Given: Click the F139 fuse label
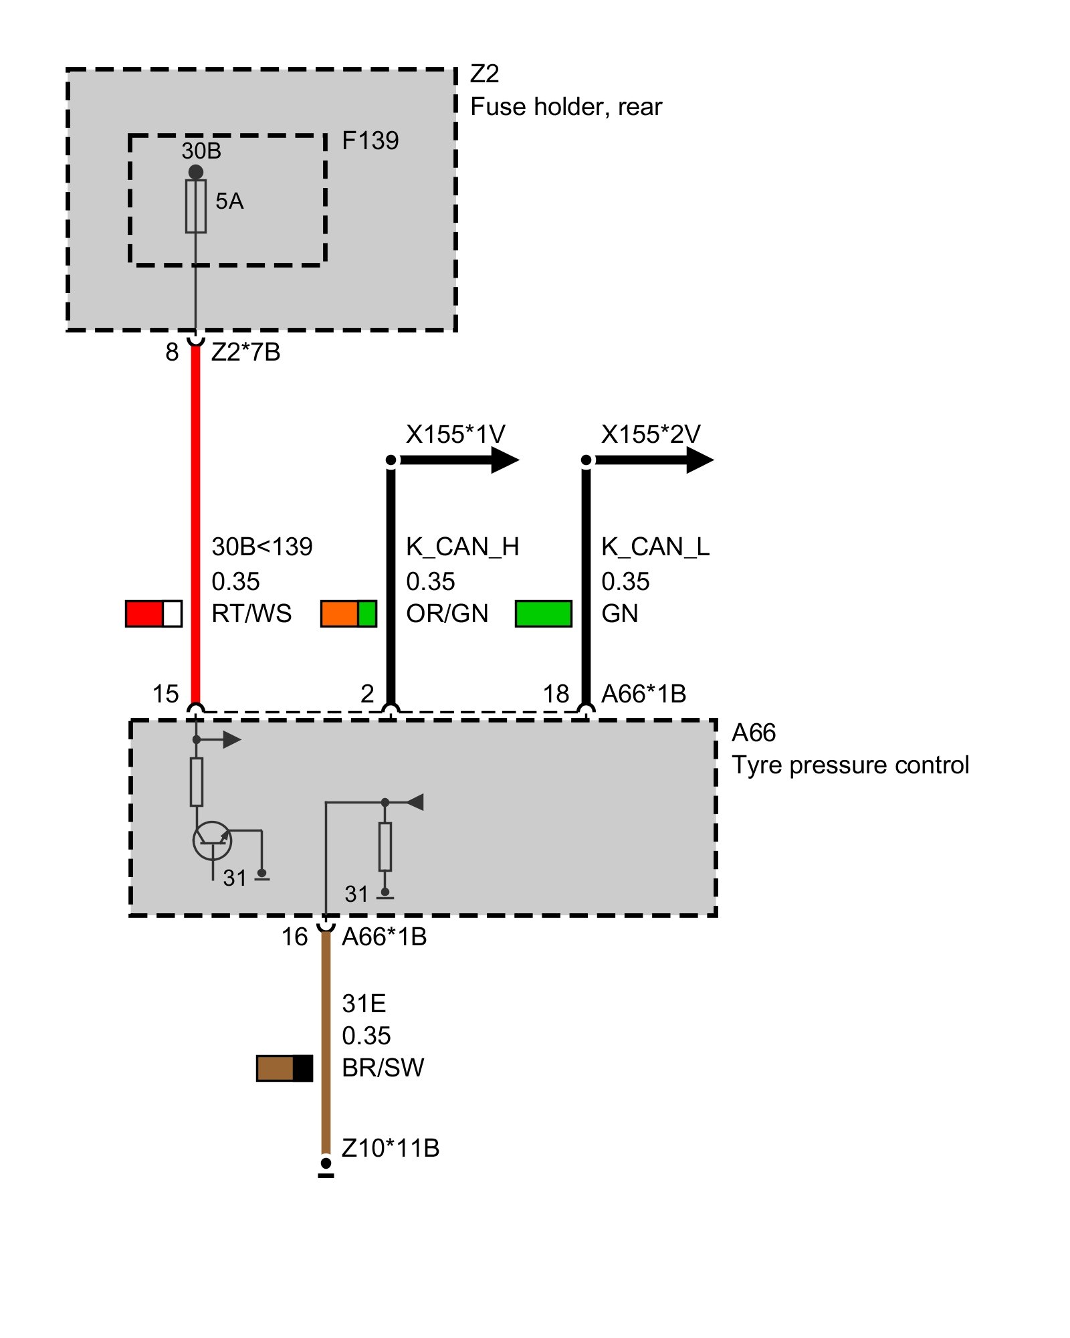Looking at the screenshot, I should pos(370,140).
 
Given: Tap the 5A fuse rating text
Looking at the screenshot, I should pos(229,201).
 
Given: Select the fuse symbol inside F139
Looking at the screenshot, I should pos(195,206).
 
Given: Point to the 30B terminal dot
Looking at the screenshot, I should pos(195,172).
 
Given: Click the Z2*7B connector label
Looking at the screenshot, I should pos(245,352).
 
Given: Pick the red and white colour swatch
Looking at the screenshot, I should pos(153,613).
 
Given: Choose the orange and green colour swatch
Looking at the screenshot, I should pos(348,613).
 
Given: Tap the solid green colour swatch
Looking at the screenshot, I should pos(543,613).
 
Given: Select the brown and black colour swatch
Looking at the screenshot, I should pos(284,1068).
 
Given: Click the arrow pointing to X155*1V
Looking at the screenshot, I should pos(505,460).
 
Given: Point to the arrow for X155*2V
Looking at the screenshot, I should pos(700,460).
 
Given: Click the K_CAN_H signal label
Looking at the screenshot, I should pos(462,547).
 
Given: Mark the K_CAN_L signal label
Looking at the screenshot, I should pos(655,547).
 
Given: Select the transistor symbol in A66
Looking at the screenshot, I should pos(212,840).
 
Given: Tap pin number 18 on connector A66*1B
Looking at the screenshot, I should pos(556,694).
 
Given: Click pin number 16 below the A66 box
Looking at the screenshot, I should pos(294,937).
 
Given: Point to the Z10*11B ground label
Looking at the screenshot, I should pos(391,1148).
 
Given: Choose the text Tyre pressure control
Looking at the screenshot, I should pos(850,765).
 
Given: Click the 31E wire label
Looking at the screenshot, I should pos(364,1004).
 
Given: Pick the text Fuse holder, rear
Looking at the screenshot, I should pos(566,107).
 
